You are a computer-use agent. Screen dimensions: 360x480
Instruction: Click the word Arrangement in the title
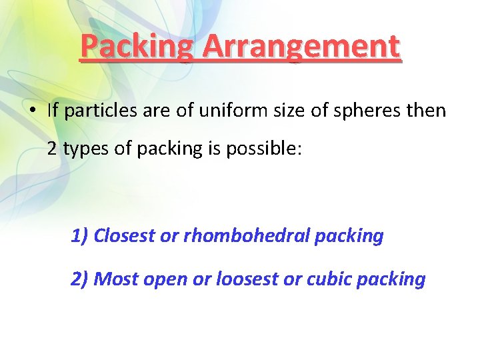point(301,47)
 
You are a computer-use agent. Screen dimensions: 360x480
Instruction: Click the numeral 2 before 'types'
point(52,149)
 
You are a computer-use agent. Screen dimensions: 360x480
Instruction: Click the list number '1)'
point(80,236)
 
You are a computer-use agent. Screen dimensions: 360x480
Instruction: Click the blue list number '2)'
point(80,279)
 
